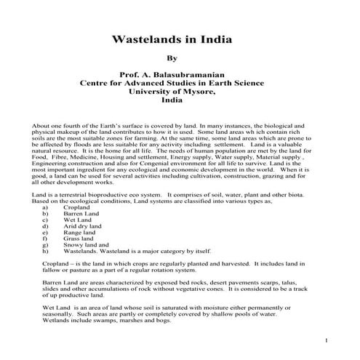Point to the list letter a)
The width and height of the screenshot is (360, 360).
tap(47, 207)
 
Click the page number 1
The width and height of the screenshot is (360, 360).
tap(327, 341)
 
